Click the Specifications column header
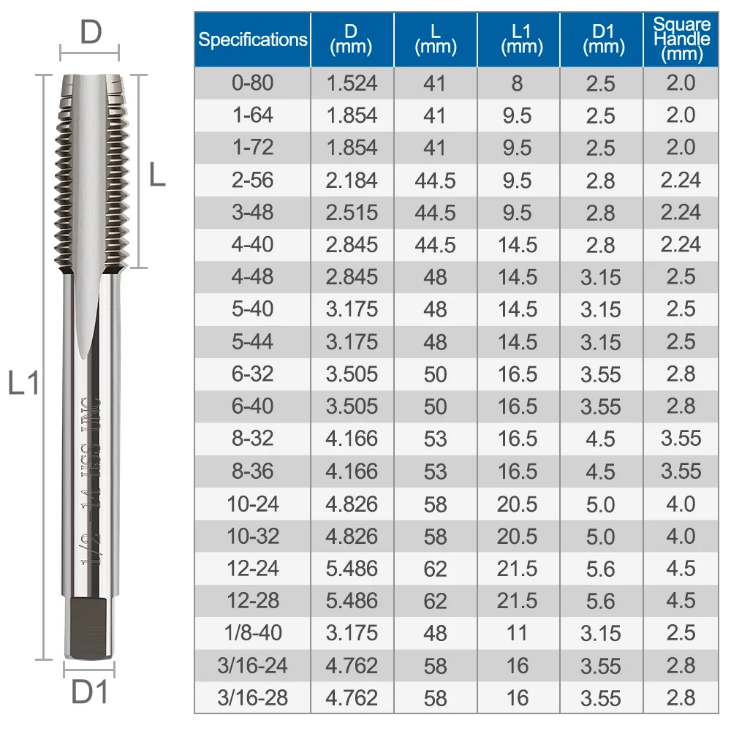pos(252,39)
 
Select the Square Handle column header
pos(681,39)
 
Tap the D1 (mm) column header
pos(601,39)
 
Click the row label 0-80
pos(252,83)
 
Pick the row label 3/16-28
pos(252,697)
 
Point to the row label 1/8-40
pos(252,632)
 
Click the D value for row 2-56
pos(352,180)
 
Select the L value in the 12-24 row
pos(435,568)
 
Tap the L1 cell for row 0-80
pos(518,83)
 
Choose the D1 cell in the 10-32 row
pos(601,536)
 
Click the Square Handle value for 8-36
pos(681,471)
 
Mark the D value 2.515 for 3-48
pos(352,212)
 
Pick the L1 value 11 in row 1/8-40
pos(518,632)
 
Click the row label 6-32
pos(252,374)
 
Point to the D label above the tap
pos(90,33)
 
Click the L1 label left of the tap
pos(23,382)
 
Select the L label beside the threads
pos(156,175)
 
